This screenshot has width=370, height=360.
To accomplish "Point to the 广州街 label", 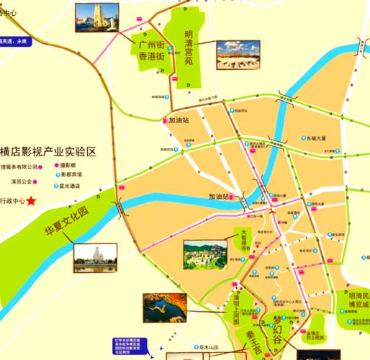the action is [x=147, y=45].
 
